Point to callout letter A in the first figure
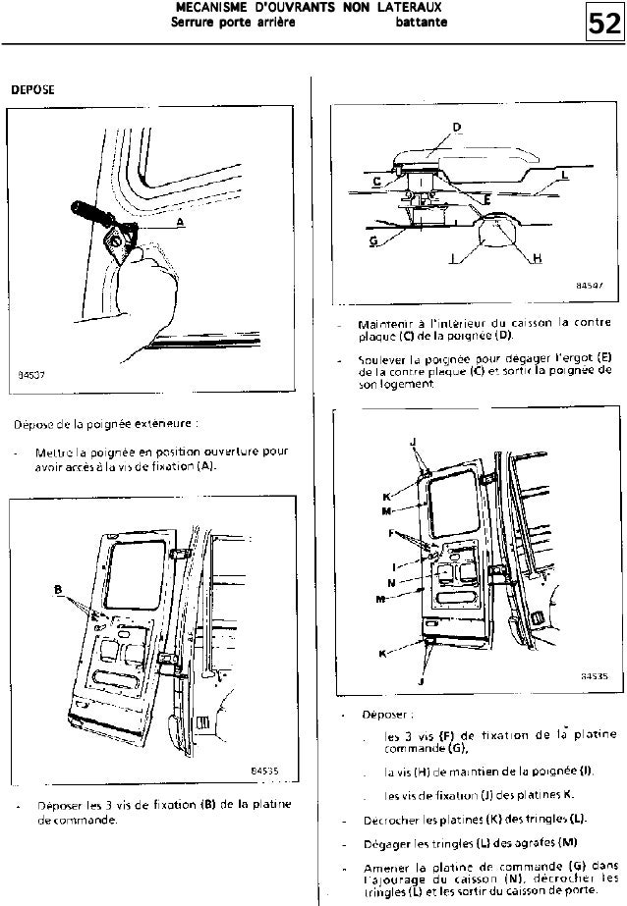(x=180, y=222)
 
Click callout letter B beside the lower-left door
(x=59, y=590)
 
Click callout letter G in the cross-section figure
(x=372, y=240)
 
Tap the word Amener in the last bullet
(x=383, y=868)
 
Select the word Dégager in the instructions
(x=386, y=842)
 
